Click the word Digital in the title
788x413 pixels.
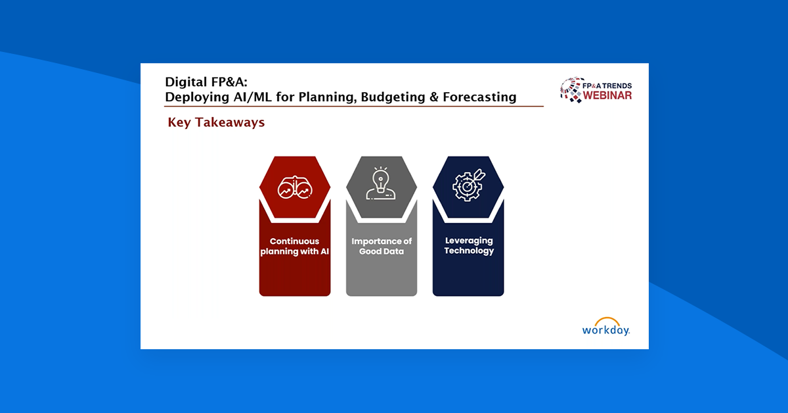[186, 82]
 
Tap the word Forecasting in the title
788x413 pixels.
[479, 97]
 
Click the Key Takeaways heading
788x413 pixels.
[216, 122]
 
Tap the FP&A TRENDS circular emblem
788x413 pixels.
[570, 90]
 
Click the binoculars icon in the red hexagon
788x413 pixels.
[295, 187]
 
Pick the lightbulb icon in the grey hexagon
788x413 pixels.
[381, 183]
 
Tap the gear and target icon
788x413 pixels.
[468, 185]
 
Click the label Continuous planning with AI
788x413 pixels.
[295, 247]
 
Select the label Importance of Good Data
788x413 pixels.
[382, 247]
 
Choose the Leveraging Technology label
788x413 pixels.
[468, 246]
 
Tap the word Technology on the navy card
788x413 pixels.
[468, 251]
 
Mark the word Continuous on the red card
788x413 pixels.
[295, 241]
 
